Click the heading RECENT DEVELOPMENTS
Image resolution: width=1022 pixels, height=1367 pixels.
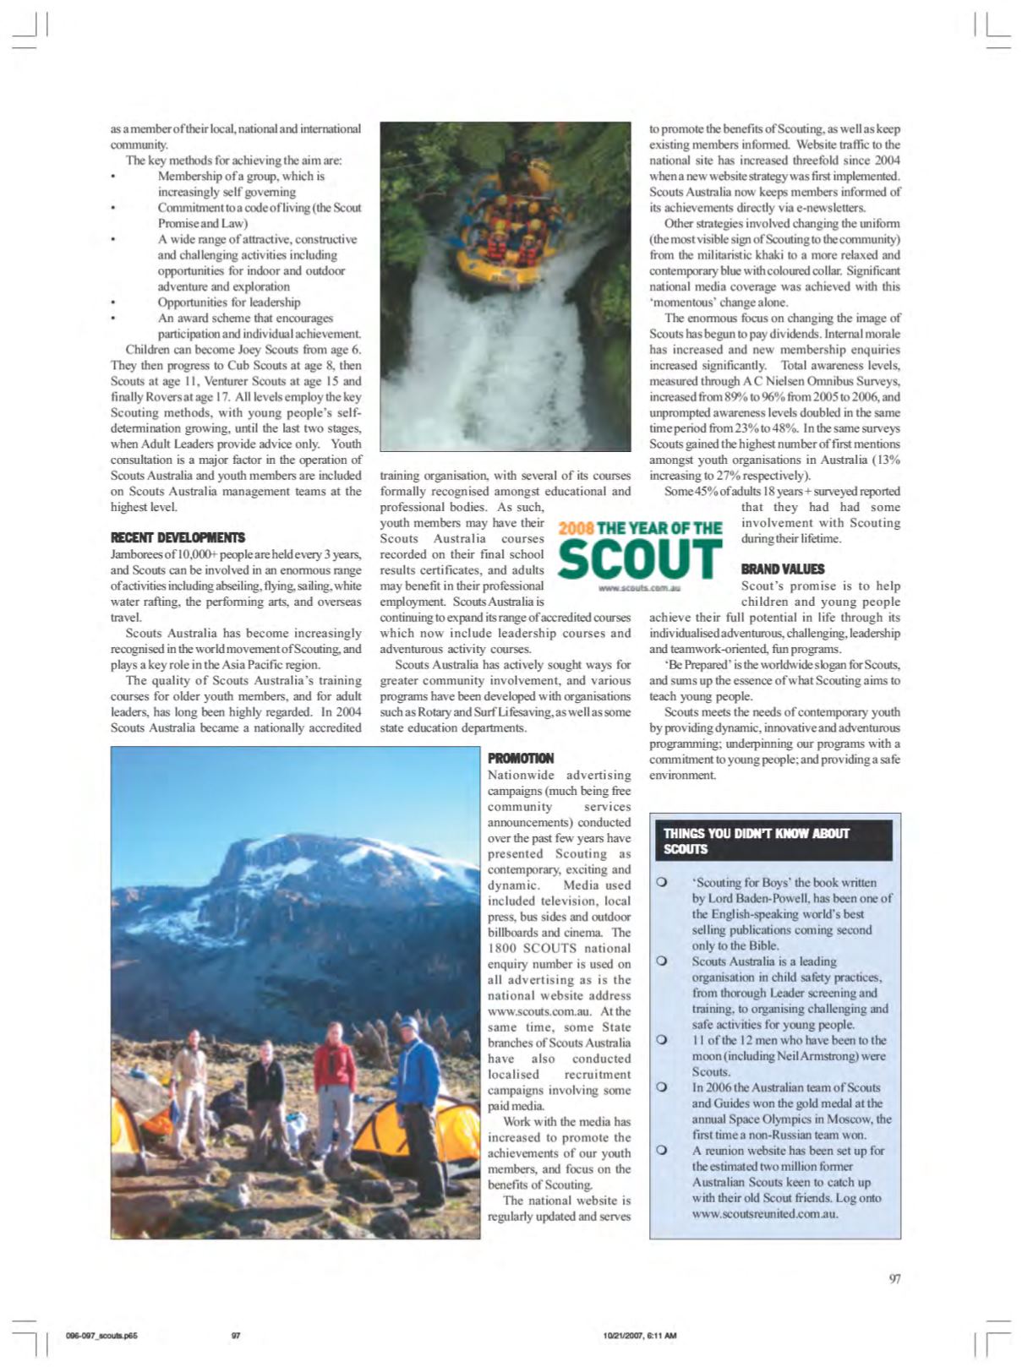pyautogui.click(x=178, y=537)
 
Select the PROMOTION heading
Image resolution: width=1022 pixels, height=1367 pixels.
pyautogui.click(x=521, y=758)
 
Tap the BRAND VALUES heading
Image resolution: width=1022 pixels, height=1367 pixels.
pyautogui.click(x=782, y=569)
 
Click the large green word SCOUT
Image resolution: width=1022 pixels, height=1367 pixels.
pyautogui.click(x=641, y=558)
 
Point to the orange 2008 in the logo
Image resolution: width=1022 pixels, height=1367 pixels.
pyautogui.click(x=575, y=529)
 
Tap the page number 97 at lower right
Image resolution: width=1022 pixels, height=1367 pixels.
pyautogui.click(x=894, y=1278)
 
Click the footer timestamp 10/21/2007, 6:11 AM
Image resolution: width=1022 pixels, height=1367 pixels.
pyautogui.click(x=640, y=1336)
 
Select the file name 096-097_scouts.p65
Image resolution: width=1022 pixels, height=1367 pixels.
pyautogui.click(x=101, y=1336)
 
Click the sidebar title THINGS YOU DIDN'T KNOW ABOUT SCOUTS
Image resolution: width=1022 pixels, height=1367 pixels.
pyautogui.click(x=757, y=841)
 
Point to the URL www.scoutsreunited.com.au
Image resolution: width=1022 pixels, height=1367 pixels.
pyautogui.click(x=765, y=1213)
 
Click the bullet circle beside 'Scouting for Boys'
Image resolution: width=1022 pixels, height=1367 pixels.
pyautogui.click(x=662, y=882)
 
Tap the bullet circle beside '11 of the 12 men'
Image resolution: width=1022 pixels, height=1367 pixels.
pyautogui.click(x=662, y=1040)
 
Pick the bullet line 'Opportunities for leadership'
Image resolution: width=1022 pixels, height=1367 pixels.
pyautogui.click(x=228, y=302)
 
